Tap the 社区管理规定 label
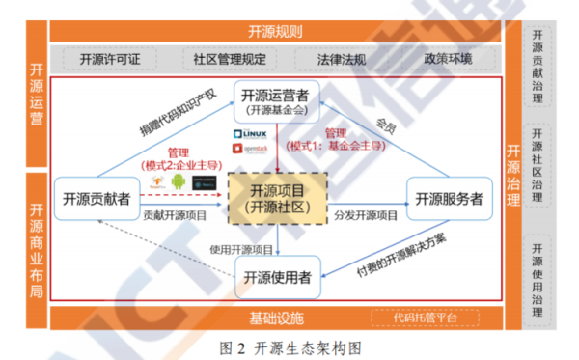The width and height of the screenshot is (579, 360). (229, 59)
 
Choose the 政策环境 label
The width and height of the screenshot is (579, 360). (447, 59)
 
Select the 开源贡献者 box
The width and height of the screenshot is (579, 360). (92, 198)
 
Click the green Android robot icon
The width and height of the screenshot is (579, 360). (179, 180)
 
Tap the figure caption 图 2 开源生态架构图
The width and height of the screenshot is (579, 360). (289, 346)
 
